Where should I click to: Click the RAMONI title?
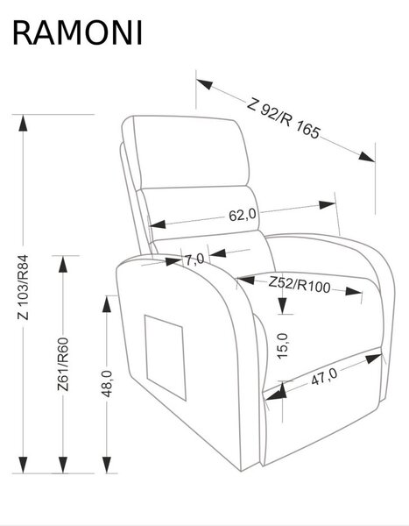77,33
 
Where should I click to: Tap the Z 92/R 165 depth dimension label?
283,118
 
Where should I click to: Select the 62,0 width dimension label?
243,215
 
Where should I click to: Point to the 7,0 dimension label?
194,259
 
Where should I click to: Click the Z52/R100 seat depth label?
300,285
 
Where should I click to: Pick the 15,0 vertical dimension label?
283,346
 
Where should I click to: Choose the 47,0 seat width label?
324,376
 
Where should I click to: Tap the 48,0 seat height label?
107,384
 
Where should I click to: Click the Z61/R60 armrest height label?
63,365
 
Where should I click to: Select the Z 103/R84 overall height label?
24,288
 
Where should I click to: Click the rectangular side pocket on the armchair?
165,358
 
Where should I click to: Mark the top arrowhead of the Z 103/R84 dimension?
23,123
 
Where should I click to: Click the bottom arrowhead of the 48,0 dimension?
107,465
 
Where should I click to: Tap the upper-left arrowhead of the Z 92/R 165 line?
204,84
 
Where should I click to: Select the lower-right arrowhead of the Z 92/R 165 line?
366,157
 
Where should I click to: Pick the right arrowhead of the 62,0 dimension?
328,205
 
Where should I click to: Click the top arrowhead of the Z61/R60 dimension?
63,264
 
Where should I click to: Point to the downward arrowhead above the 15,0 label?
283,306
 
